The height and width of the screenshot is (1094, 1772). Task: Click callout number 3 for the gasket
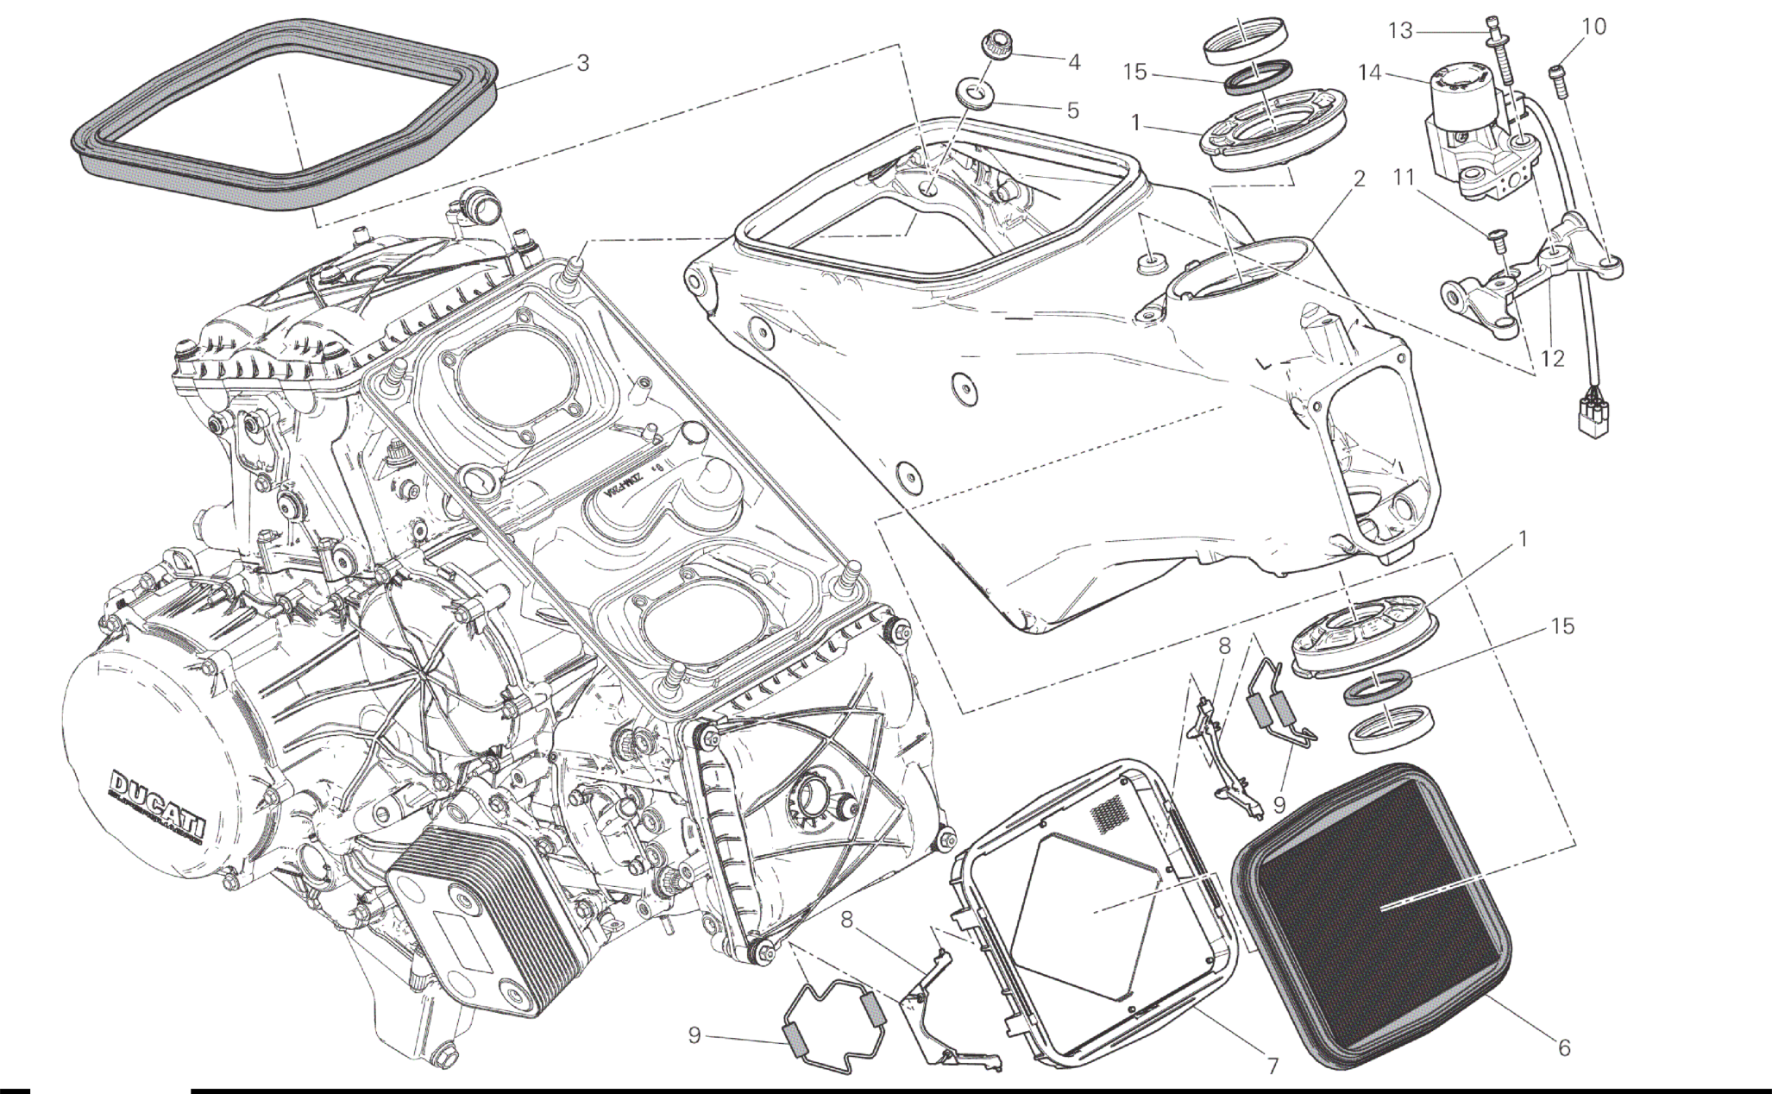[x=583, y=63]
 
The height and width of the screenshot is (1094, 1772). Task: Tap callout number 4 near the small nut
[x=1073, y=62]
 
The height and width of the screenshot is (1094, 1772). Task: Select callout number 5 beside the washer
[x=1073, y=110]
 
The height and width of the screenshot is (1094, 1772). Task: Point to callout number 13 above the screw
[x=1400, y=32]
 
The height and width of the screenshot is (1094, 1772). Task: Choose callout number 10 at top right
[x=1594, y=27]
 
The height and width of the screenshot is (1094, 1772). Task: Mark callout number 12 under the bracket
[x=1552, y=358]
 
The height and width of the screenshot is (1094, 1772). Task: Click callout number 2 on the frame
[x=1360, y=179]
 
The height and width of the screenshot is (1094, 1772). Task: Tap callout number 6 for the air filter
[x=1564, y=1048]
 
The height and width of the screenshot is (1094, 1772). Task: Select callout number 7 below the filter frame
[x=1272, y=1065]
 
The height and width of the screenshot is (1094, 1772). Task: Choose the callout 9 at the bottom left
[x=694, y=1035]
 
